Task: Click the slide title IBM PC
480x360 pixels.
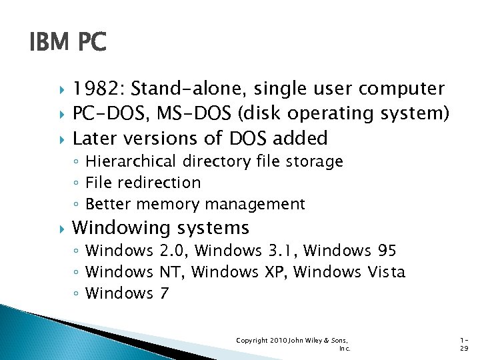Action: pyautogui.click(x=67, y=43)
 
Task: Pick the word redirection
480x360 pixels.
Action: pyautogui.click(x=161, y=183)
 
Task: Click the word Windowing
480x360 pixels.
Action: pyautogui.click(x=121, y=228)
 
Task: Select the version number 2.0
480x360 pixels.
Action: pyautogui.click(x=174, y=251)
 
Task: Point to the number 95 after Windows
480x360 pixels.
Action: pyautogui.click(x=387, y=251)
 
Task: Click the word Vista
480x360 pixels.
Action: pyautogui.click(x=386, y=272)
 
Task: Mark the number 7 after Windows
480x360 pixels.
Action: pyautogui.click(x=165, y=293)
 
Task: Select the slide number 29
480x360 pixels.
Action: pyautogui.click(x=464, y=348)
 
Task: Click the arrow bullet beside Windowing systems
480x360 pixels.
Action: pyautogui.click(x=61, y=228)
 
